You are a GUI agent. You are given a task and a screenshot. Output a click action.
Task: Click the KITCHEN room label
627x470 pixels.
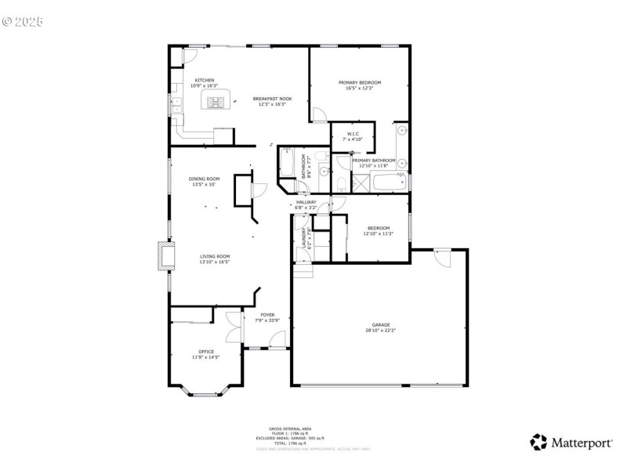point(205,80)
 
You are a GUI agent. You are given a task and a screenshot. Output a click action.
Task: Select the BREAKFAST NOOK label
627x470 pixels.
point(272,99)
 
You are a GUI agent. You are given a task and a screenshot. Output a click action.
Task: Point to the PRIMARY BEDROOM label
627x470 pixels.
point(359,82)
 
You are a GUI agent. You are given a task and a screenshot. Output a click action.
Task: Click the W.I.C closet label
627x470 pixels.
point(353,134)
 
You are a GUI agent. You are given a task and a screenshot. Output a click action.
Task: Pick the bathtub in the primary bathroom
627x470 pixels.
point(389,183)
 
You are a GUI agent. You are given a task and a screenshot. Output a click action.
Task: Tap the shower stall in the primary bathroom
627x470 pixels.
point(361,184)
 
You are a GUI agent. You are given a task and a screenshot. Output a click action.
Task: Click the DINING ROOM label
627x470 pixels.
point(204,179)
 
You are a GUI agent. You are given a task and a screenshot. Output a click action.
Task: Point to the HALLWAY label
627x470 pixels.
point(306,202)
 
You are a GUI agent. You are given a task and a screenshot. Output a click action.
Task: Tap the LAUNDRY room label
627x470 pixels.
point(303,238)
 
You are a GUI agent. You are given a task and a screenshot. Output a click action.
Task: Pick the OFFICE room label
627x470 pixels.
point(206,352)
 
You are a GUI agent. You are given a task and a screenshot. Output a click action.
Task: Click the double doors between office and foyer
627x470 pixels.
point(232,326)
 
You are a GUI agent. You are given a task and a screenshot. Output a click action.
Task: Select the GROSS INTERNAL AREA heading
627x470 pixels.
point(290,428)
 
